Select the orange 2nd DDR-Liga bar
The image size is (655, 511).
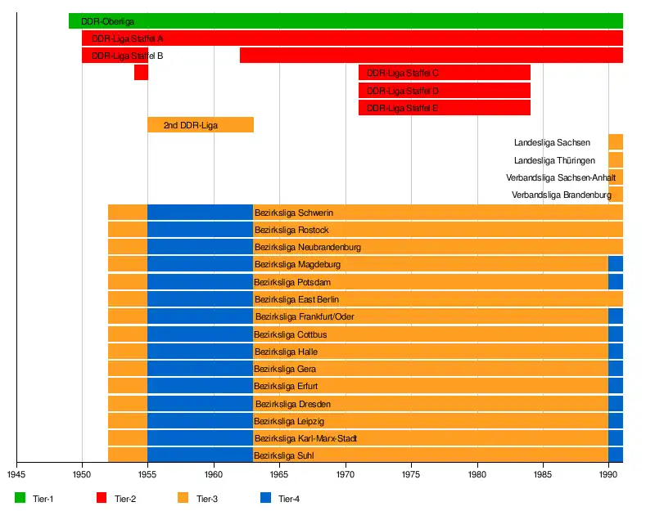pyautogui.click(x=201, y=125)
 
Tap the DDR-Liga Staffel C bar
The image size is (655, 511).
pyautogui.click(x=445, y=73)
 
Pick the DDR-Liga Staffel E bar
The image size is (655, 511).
pyautogui.click(x=445, y=108)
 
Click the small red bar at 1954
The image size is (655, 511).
pyautogui.click(x=141, y=73)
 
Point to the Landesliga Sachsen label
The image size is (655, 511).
pyautogui.click(x=552, y=143)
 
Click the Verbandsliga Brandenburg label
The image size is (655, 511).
pyautogui.click(x=562, y=195)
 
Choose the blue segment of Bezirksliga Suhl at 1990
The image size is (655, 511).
pyautogui.click(x=616, y=455)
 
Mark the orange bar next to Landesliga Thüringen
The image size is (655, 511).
pyautogui.click(x=616, y=160)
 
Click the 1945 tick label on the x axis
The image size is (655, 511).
pyautogui.click(x=16, y=473)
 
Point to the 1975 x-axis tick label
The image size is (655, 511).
pyautogui.click(x=411, y=473)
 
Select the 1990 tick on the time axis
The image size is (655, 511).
pyautogui.click(x=608, y=473)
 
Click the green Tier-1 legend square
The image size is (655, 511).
pyautogui.click(x=20, y=498)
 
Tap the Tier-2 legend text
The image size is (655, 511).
pyautogui.click(x=126, y=499)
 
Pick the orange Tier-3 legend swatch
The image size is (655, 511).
pyautogui.click(x=183, y=498)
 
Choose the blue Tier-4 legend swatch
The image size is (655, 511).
pyautogui.click(x=264, y=498)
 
